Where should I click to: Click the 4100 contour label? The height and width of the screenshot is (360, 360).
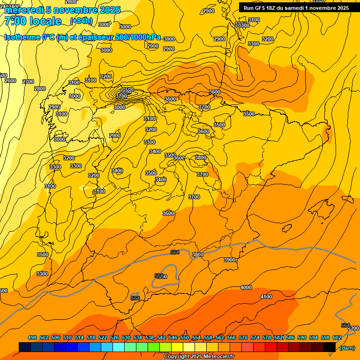(266, 297)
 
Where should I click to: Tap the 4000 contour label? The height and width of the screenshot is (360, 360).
(246, 287)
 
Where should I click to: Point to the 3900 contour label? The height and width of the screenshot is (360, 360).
(230, 260)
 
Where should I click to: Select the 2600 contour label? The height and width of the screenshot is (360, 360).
(10, 81)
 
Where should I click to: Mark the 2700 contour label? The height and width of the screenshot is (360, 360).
(28, 82)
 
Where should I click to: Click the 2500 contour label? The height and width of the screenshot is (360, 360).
(127, 90)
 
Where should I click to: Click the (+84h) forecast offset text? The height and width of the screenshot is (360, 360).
(81, 21)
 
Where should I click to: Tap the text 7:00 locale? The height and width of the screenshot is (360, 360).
(33, 21)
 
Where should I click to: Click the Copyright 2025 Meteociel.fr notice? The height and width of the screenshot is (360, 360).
(199, 356)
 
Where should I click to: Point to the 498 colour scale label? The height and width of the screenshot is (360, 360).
(32, 337)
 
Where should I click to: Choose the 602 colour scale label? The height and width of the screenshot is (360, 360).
(337, 337)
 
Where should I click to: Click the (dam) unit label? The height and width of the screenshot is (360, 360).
(347, 347)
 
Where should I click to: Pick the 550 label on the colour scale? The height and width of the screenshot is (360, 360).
(185, 337)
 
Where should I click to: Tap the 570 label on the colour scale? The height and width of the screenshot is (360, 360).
(243, 337)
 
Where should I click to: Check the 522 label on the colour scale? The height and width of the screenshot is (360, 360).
(103, 337)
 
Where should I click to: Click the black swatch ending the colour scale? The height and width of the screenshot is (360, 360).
(330, 347)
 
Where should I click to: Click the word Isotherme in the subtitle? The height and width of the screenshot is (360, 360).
(22, 37)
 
